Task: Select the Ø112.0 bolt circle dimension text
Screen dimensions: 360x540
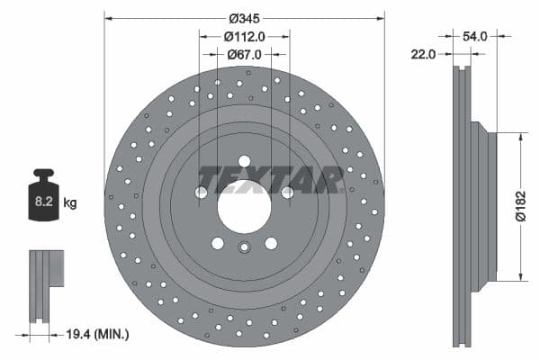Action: pyautogui.click(x=244, y=37)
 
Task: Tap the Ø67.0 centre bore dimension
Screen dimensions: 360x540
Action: pyautogui.click(x=244, y=55)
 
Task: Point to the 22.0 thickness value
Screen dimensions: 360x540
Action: pyautogui.click(x=421, y=55)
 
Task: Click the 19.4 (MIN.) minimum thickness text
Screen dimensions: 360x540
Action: pyautogui.click(x=99, y=334)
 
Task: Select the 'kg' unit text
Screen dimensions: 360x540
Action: pyautogui.click(x=69, y=203)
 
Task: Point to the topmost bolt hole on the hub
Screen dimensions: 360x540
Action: pyautogui.click(x=244, y=161)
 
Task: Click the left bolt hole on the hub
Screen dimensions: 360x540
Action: pyautogui.click(x=202, y=192)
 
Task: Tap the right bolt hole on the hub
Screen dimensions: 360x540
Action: pyautogui.click(x=287, y=192)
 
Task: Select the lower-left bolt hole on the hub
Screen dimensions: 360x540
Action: pyautogui.click(x=218, y=243)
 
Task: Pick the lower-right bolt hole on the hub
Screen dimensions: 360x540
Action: pyautogui.click(x=271, y=243)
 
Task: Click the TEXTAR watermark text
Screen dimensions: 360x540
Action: pyautogui.click(x=270, y=179)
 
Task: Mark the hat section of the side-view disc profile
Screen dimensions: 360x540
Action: pyautogui.click(x=484, y=206)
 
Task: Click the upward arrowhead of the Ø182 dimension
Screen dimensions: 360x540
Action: pyautogui.click(x=520, y=135)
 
